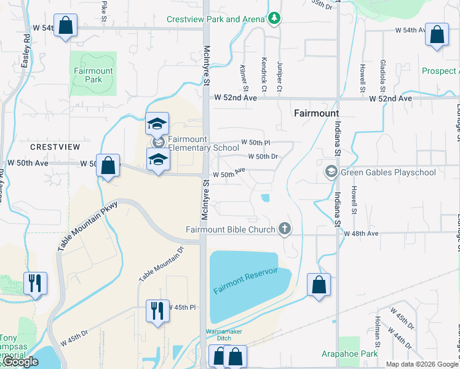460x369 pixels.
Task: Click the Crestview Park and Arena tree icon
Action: [275, 18]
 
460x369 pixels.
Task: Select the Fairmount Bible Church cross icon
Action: [284, 229]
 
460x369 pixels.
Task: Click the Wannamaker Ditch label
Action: [224, 335]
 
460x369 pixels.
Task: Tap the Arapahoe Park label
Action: [349, 354]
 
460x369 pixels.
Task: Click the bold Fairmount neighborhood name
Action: [316, 114]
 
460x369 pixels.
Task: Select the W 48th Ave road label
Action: [361, 234]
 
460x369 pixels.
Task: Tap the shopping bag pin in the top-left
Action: [66, 26]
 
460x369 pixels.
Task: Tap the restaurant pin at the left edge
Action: [34, 284]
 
